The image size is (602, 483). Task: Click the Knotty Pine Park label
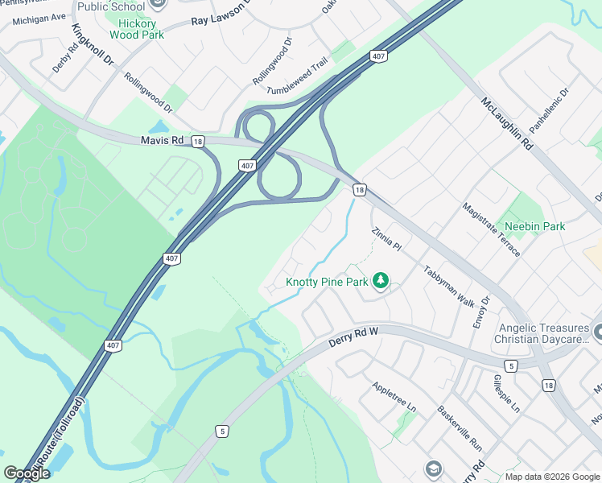327,283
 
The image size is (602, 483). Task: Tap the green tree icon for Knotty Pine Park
381,281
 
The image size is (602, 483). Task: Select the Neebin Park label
534,226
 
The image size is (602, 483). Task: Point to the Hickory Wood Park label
136,30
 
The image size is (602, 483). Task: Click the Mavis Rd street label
162,140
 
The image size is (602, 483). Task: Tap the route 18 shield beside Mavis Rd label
198,141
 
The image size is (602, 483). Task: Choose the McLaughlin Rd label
507,124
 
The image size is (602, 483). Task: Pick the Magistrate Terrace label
492,229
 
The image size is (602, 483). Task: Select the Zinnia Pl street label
386,238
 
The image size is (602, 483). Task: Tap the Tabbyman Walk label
449,285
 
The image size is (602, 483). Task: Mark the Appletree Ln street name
394,397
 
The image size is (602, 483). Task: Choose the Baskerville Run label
459,426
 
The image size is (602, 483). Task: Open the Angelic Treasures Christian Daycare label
544,334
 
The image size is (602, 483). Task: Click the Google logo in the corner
27,473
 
